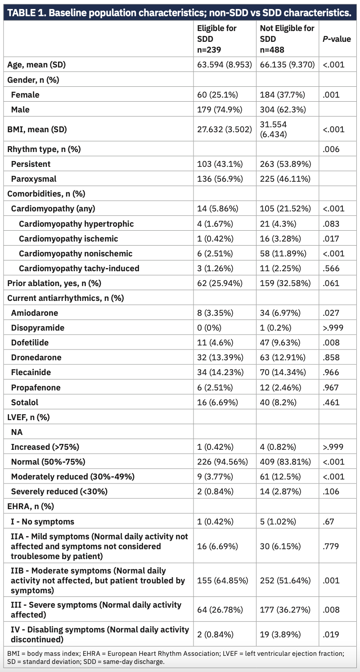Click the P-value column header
pyautogui.click(x=337, y=39)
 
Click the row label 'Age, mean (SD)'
pyautogui.click(x=36, y=64)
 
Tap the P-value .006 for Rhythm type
pyautogui.click(x=332, y=149)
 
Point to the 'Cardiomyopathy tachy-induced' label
pyautogui.click(x=79, y=268)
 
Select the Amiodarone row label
pyautogui.click(x=35, y=313)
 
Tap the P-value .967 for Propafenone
pyautogui.click(x=332, y=387)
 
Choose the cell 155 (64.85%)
pyautogui.click(x=223, y=580)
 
